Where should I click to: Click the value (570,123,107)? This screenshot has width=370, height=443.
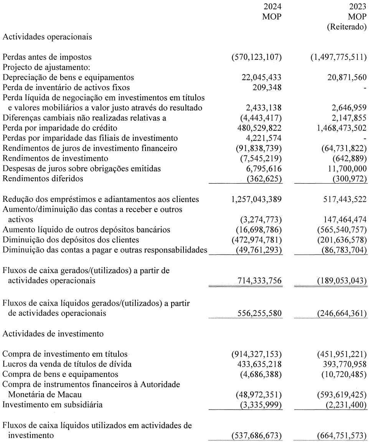[x=255, y=58]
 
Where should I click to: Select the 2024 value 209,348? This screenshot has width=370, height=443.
[x=268, y=87]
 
